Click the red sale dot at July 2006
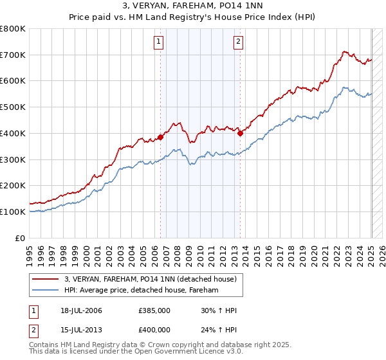click(160, 137)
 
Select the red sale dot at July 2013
click(240, 133)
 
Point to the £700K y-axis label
click(13, 55)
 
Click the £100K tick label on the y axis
click(13, 212)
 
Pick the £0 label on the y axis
click(21, 238)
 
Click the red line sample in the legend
click(46, 279)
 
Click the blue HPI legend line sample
click(46, 291)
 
